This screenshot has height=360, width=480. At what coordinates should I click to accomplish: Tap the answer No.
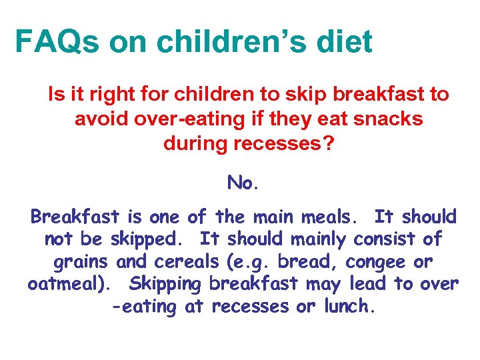coord(242,182)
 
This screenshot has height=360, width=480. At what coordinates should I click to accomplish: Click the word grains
coord(79,262)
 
